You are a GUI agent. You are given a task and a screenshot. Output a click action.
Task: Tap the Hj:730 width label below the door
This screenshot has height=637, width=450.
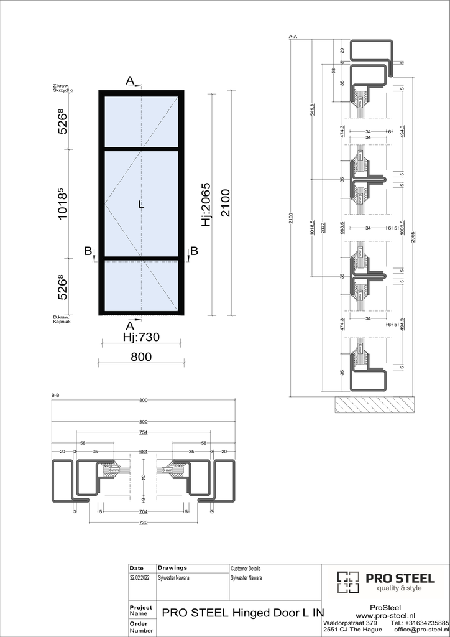pos(141,338)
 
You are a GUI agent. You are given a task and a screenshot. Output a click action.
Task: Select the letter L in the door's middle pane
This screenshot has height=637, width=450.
pos(142,205)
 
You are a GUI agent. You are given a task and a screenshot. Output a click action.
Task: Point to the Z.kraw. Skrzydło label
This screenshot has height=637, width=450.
pos(63,88)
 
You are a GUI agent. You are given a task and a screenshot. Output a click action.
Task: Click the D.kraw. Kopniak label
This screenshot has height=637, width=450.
pos(62,319)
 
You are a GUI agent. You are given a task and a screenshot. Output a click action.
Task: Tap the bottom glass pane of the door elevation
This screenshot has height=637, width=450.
pos(142,286)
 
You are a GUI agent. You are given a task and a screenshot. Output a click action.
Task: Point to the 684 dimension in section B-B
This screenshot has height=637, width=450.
pos(143,451)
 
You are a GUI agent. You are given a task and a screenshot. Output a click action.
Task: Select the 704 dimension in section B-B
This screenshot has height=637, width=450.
pos(143,512)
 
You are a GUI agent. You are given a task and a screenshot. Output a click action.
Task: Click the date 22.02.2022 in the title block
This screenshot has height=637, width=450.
pos(140,578)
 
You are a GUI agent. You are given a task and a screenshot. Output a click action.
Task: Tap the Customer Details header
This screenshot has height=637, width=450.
pos(246,569)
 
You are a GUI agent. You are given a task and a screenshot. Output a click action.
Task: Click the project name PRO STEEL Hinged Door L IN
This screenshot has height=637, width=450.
pos(242,612)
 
